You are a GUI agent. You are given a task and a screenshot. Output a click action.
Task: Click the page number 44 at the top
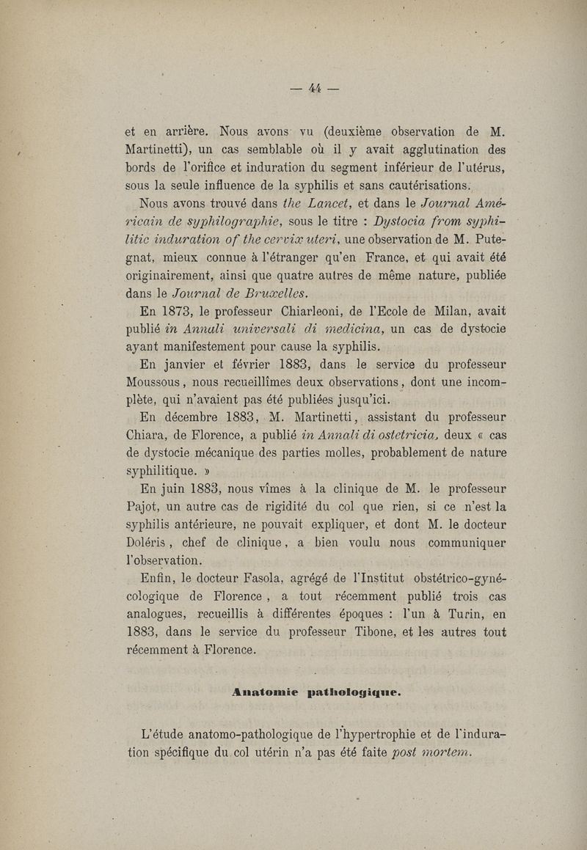(316, 88)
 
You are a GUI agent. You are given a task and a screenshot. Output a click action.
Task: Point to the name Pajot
(143, 507)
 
